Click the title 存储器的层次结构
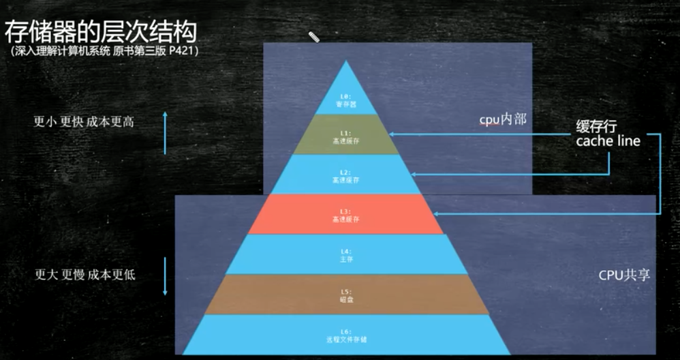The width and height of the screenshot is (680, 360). tap(101, 32)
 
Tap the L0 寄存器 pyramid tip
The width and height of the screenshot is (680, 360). tap(345, 100)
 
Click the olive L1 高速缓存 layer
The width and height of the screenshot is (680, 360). tap(345, 134)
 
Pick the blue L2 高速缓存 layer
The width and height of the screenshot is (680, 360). tap(345, 175)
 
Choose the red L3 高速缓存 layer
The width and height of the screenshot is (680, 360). tap(345, 215)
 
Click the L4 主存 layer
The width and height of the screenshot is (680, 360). tap(345, 254)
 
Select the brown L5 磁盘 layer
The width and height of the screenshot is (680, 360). tap(345, 295)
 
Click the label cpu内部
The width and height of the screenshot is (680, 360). tap(503, 119)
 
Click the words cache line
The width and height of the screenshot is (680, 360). tap(608, 141)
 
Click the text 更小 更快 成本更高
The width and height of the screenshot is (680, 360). tap(84, 122)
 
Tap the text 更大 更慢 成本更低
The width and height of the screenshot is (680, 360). tap(85, 275)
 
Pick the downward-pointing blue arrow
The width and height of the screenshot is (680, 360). tap(164, 275)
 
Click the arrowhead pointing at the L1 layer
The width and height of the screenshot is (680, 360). tap(392, 134)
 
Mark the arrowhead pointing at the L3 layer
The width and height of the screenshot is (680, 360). tap(437, 215)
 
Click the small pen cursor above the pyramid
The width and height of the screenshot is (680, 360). tap(314, 37)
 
